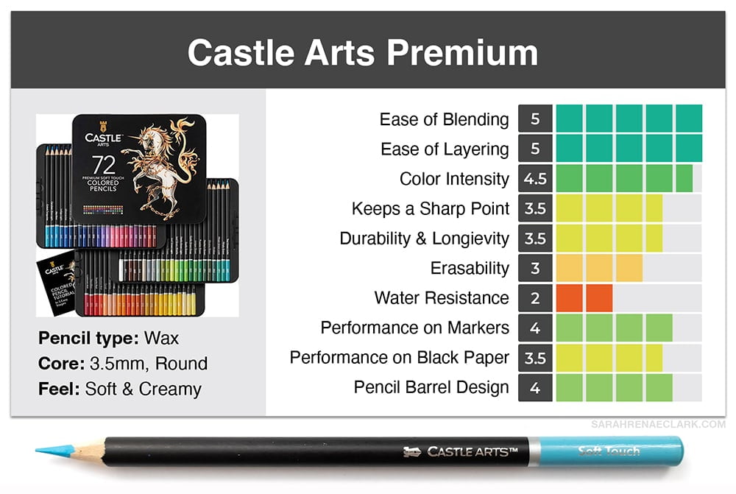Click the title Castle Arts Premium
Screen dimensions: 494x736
pos(362,53)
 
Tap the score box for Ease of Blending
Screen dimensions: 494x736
pos(535,119)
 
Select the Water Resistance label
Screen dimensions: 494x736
pos(442,298)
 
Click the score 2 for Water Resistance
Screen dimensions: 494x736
pos(535,298)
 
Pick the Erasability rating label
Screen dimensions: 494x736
pos(470,268)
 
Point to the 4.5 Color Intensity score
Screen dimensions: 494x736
pos(535,179)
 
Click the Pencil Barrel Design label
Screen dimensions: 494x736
pos(431,387)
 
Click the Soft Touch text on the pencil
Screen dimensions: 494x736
pos(609,451)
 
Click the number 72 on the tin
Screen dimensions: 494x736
pos(102,163)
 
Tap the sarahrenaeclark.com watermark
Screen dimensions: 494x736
pos(658,425)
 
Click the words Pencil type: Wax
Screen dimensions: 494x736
pos(108,339)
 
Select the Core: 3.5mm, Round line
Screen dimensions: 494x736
pos(122,364)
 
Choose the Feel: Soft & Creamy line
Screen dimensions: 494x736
pos(119,389)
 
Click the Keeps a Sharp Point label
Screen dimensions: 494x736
pos(430,208)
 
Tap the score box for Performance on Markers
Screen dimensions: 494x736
pos(535,328)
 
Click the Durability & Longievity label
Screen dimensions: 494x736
pos(424,239)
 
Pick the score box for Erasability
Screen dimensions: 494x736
pos(535,268)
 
